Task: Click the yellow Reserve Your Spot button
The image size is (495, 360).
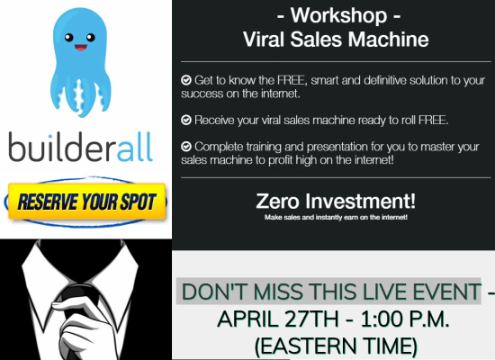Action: point(86,202)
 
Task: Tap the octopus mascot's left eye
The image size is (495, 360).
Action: point(68,38)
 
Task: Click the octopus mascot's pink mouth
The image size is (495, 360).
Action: point(80,48)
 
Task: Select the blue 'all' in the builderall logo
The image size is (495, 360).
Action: point(135,148)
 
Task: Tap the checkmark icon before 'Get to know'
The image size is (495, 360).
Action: point(186,80)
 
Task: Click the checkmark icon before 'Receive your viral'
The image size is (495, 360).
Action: point(186,120)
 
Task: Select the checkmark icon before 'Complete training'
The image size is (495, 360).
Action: point(186,147)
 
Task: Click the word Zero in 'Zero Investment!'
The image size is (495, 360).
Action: point(277,202)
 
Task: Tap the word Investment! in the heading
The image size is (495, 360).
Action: point(360,201)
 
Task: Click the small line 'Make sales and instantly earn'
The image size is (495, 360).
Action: point(336,217)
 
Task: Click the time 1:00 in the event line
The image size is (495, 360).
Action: point(381,319)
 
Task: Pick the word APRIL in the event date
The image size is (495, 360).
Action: point(248,319)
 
